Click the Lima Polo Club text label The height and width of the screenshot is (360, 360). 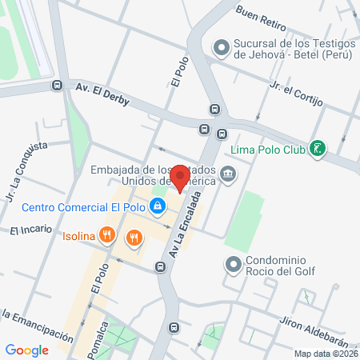pos(267,148)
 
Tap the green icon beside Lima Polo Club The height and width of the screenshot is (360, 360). pos(318,148)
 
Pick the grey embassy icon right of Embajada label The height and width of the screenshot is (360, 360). pos(229,174)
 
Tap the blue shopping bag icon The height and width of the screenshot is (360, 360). pos(158,207)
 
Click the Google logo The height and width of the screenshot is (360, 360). pos(26,350)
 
